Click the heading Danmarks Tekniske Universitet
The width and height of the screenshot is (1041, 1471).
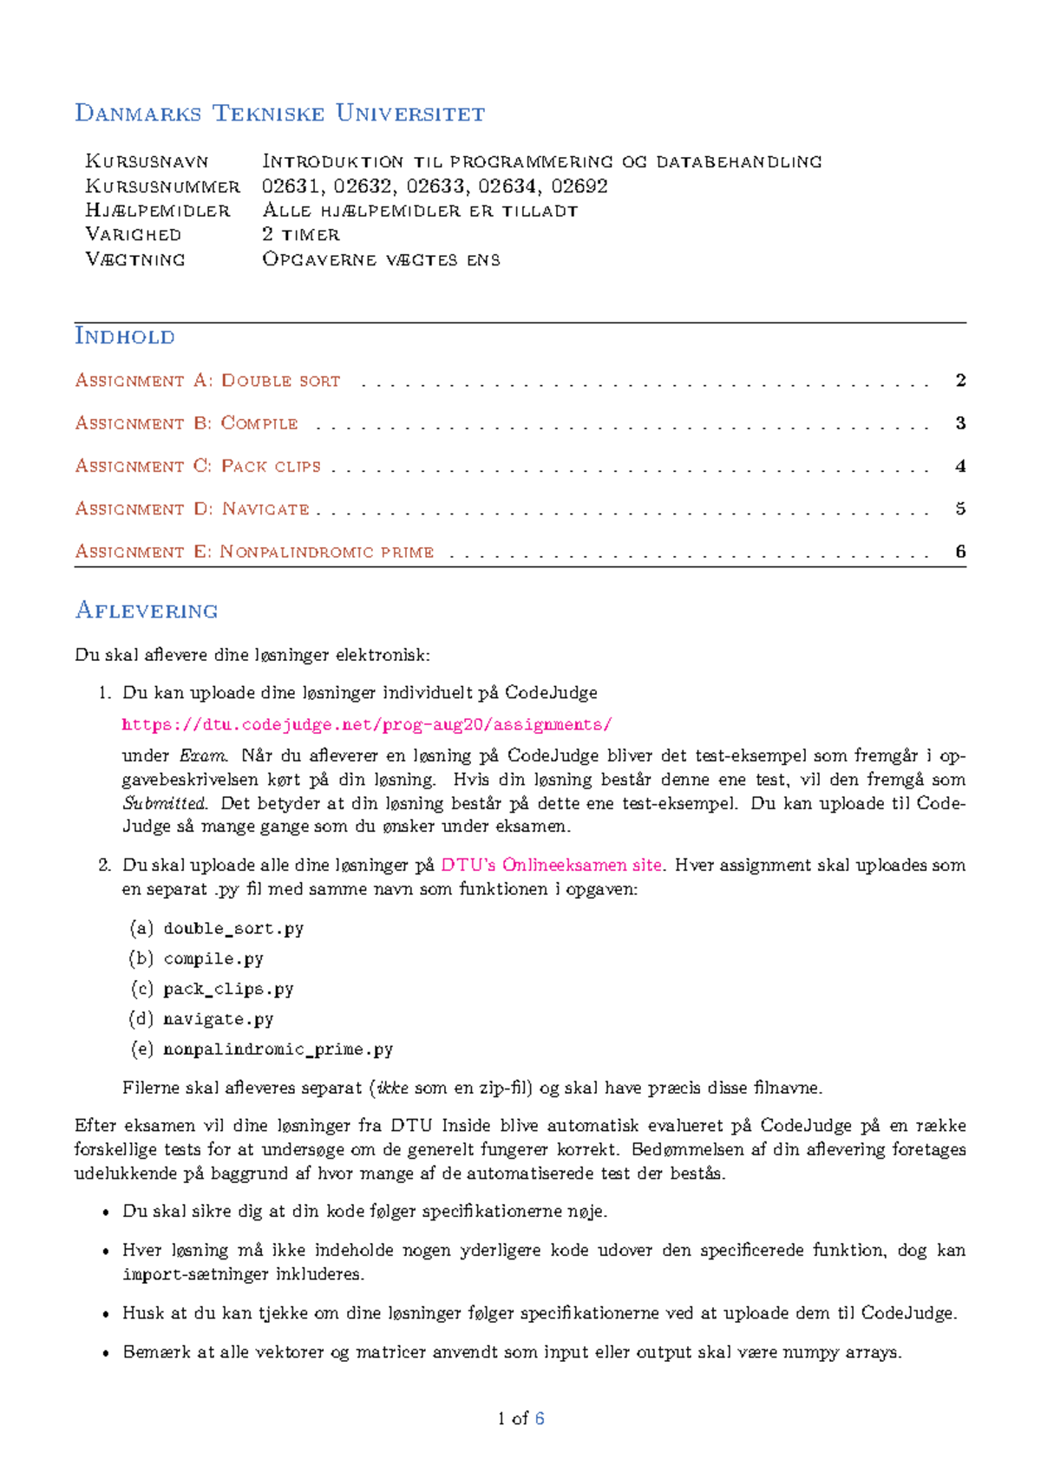279,114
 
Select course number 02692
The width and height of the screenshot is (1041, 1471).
579,186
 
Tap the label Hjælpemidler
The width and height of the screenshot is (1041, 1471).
158,210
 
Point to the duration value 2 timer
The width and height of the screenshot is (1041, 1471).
300,234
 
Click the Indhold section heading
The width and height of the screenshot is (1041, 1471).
125,337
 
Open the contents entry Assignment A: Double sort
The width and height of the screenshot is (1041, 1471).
207,381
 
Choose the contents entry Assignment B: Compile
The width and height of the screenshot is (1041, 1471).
187,423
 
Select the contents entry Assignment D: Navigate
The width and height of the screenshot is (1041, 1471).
192,509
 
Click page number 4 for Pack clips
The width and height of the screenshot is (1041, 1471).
960,467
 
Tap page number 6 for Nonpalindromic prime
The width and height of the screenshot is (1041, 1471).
960,552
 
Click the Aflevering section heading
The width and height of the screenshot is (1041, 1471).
147,611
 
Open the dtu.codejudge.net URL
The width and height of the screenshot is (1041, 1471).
367,724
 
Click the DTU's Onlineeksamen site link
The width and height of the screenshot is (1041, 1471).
551,865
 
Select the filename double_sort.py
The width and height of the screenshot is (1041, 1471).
233,928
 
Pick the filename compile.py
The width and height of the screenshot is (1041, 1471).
213,958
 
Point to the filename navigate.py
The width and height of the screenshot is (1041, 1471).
219,1019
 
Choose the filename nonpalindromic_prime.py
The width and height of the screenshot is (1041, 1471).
278,1049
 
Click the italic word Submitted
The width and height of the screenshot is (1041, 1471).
164,803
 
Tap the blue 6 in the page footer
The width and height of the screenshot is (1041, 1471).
540,1418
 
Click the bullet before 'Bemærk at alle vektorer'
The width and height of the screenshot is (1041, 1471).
106,1353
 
